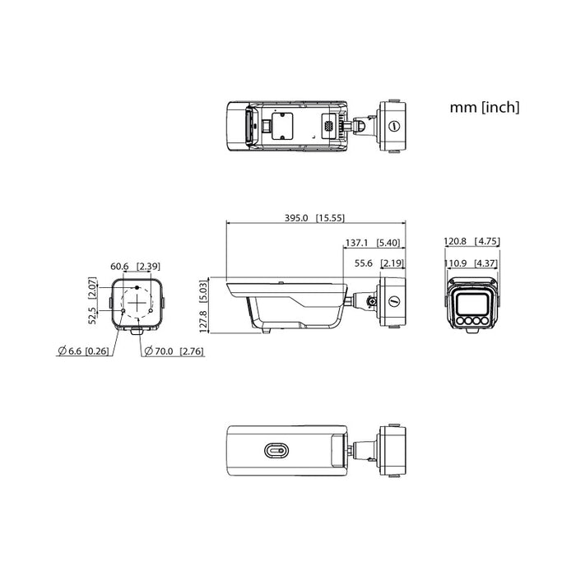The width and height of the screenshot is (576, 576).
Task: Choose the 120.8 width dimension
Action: tap(455, 243)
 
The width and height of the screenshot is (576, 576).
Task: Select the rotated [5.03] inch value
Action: tap(203, 290)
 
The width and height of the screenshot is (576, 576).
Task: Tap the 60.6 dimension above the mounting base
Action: tap(120, 266)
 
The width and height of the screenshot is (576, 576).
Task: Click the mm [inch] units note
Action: tap(484, 108)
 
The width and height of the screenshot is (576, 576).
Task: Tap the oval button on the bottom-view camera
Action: tap(276, 450)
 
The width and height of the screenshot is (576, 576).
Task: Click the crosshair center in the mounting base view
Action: tap(137, 301)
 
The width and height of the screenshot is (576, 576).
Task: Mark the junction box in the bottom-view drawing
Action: tap(391, 450)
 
